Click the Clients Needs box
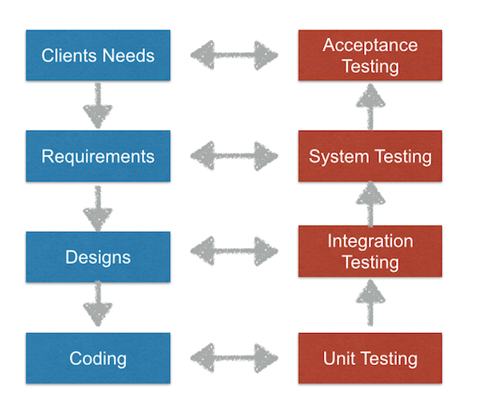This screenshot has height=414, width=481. (98, 55)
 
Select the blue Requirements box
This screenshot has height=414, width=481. (98, 156)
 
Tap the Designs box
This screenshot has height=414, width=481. (98, 257)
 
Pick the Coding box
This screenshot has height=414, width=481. (98, 358)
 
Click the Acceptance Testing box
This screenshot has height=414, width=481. (370, 55)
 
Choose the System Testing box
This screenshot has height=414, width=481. (370, 156)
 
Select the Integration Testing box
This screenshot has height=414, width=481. (370, 251)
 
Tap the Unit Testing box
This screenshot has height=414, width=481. (370, 358)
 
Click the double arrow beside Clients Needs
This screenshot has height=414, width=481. (234, 56)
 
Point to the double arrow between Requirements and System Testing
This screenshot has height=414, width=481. (234, 155)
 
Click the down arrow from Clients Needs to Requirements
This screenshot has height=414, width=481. (97, 106)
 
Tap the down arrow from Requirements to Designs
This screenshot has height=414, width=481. (97, 207)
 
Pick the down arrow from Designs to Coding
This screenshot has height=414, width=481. (97, 307)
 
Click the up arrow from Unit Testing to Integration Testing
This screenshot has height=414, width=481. (370, 306)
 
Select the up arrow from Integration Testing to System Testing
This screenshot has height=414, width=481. (370, 204)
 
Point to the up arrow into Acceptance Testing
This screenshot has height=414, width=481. (370, 107)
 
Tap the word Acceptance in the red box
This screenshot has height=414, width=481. (370, 45)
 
